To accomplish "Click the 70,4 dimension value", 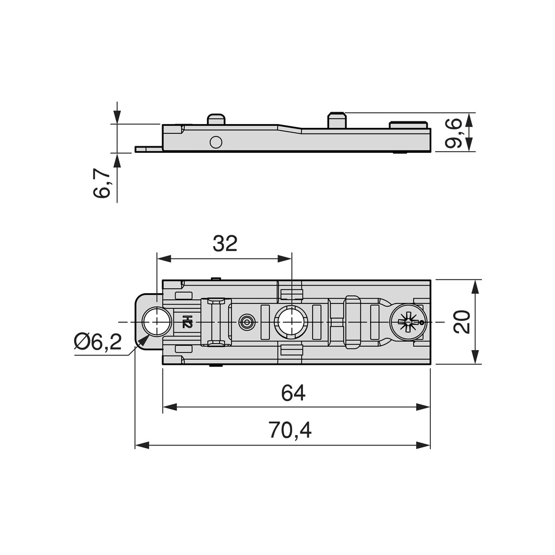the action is [x=290, y=430].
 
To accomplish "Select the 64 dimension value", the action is [x=293, y=392].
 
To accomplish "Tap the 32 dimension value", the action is [x=225, y=243].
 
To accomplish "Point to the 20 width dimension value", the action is [x=462, y=322].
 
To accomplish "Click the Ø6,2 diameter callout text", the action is [x=98, y=342].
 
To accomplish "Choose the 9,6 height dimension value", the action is [x=454, y=133].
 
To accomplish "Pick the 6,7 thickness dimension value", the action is [x=101, y=183].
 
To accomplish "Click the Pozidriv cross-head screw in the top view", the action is [x=409, y=322].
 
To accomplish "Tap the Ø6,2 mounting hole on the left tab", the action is [x=157, y=322].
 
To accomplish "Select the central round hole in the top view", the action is [x=291, y=322].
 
